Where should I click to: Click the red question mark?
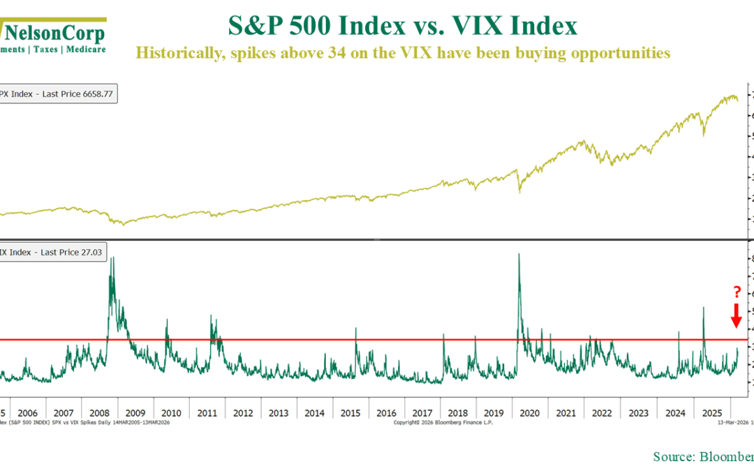tap(735, 292)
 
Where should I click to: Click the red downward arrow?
tap(735, 315)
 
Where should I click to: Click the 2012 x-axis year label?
tap(243, 412)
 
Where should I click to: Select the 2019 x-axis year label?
tap(494, 412)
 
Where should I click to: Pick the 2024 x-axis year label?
tap(674, 412)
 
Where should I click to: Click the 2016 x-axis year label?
tap(387, 412)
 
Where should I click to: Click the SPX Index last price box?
tap(58, 94)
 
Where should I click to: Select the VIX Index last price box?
tap(53, 252)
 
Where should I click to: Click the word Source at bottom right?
tap(672, 456)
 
